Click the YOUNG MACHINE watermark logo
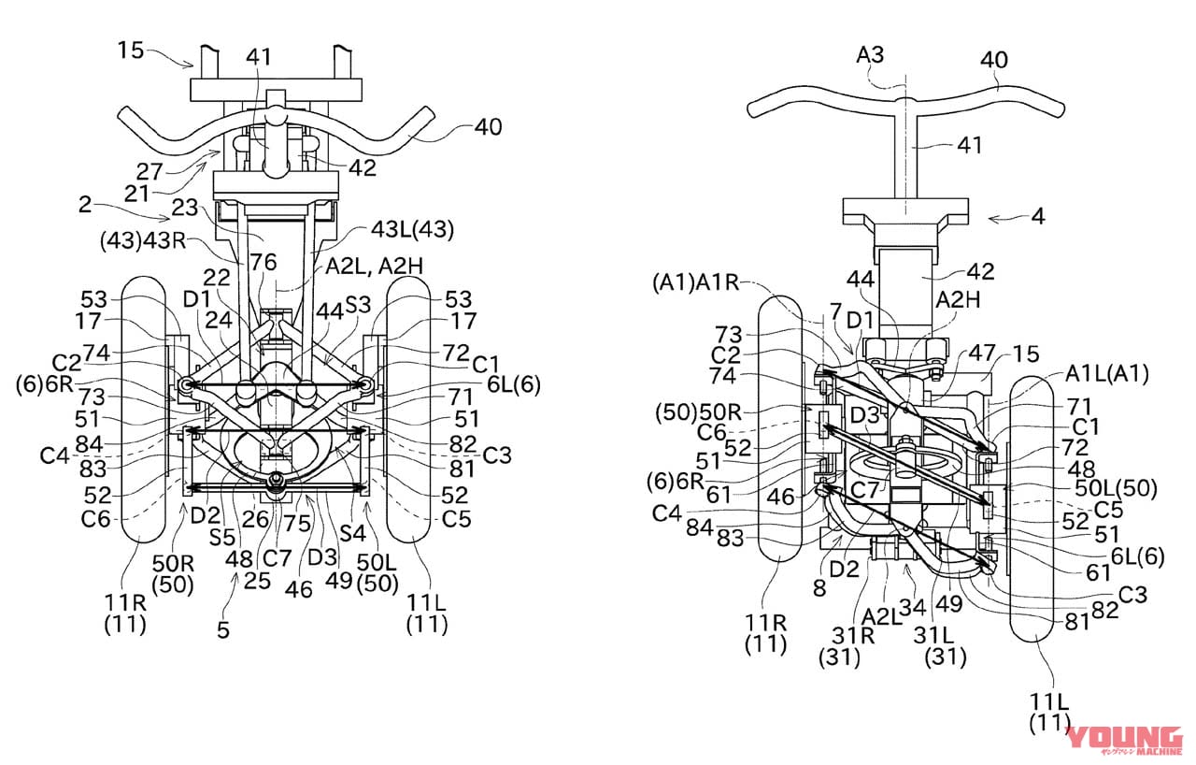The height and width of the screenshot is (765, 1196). point(1124,741)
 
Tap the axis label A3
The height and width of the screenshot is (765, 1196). point(870,55)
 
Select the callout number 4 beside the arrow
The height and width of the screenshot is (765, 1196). point(1038,216)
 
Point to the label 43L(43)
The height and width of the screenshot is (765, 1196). point(412,230)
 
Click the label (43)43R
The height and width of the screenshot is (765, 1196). point(143,240)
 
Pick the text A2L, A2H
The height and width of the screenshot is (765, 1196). point(375,266)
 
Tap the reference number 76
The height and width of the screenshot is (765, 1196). point(263,262)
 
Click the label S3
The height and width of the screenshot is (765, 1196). point(358,305)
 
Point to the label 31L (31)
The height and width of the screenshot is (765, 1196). point(946,646)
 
